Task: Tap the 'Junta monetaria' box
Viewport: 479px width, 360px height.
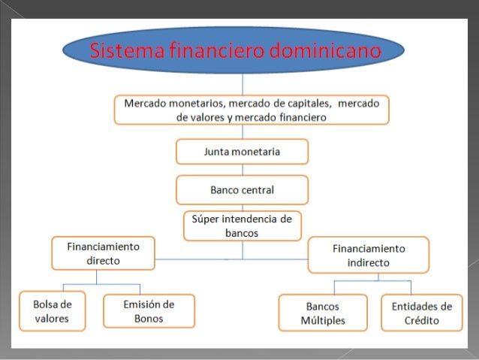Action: click(242, 152)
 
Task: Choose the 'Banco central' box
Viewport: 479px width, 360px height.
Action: click(242, 189)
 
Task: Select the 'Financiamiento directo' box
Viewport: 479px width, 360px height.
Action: click(93, 253)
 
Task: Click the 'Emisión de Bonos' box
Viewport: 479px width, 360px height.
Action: click(149, 311)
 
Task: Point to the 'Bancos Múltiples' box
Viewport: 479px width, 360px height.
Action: click(323, 313)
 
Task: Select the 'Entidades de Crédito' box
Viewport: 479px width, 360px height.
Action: click(421, 313)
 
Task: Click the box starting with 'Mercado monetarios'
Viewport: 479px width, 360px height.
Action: click(252, 110)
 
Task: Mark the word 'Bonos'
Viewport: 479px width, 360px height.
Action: click(149, 319)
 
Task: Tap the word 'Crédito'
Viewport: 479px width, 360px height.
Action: click(421, 321)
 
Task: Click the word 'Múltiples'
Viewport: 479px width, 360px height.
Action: click(323, 321)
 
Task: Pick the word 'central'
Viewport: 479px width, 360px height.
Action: click(258, 189)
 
